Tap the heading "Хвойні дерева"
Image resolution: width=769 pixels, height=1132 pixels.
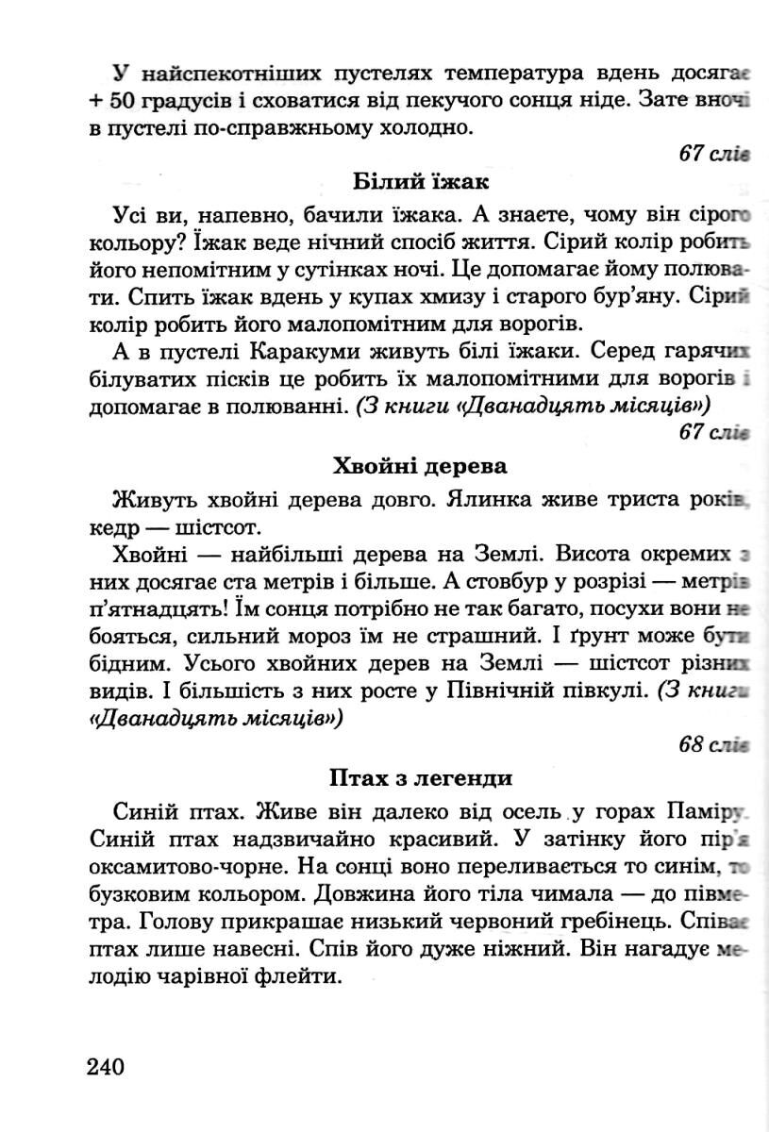(x=420, y=466)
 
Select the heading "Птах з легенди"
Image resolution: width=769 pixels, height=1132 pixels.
(x=420, y=778)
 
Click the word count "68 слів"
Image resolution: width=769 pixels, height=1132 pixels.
(x=713, y=744)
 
